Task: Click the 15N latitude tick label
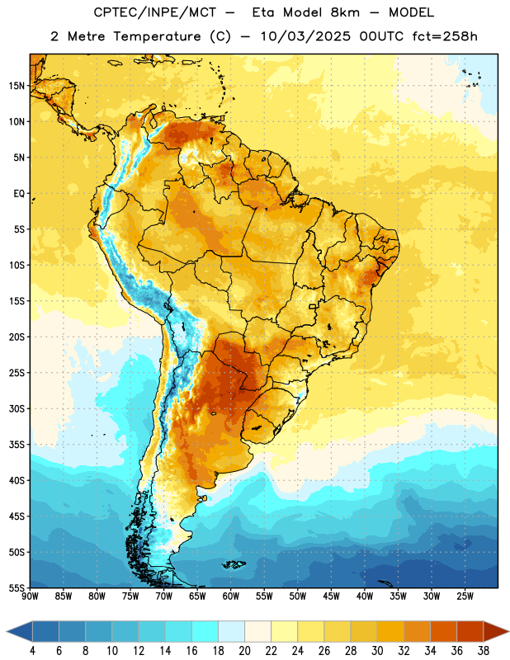click(17, 86)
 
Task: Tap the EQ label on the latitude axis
click(19, 194)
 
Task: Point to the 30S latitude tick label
click(17, 408)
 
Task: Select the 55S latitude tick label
click(17, 588)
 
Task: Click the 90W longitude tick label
click(30, 596)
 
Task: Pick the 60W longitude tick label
click(231, 596)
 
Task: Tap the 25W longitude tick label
click(465, 596)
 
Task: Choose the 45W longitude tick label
click(331, 596)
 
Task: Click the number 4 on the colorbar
click(32, 651)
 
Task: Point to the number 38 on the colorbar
click(483, 651)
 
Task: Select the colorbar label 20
click(244, 651)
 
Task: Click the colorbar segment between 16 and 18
click(205, 632)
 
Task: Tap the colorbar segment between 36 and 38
click(470, 632)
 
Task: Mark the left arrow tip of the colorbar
click(7, 632)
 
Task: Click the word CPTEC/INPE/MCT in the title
click(155, 12)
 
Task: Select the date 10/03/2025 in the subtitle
click(305, 36)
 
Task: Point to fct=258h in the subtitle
click(445, 36)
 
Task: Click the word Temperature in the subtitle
click(157, 37)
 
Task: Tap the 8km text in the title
click(345, 12)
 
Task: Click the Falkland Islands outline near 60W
click(234, 564)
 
